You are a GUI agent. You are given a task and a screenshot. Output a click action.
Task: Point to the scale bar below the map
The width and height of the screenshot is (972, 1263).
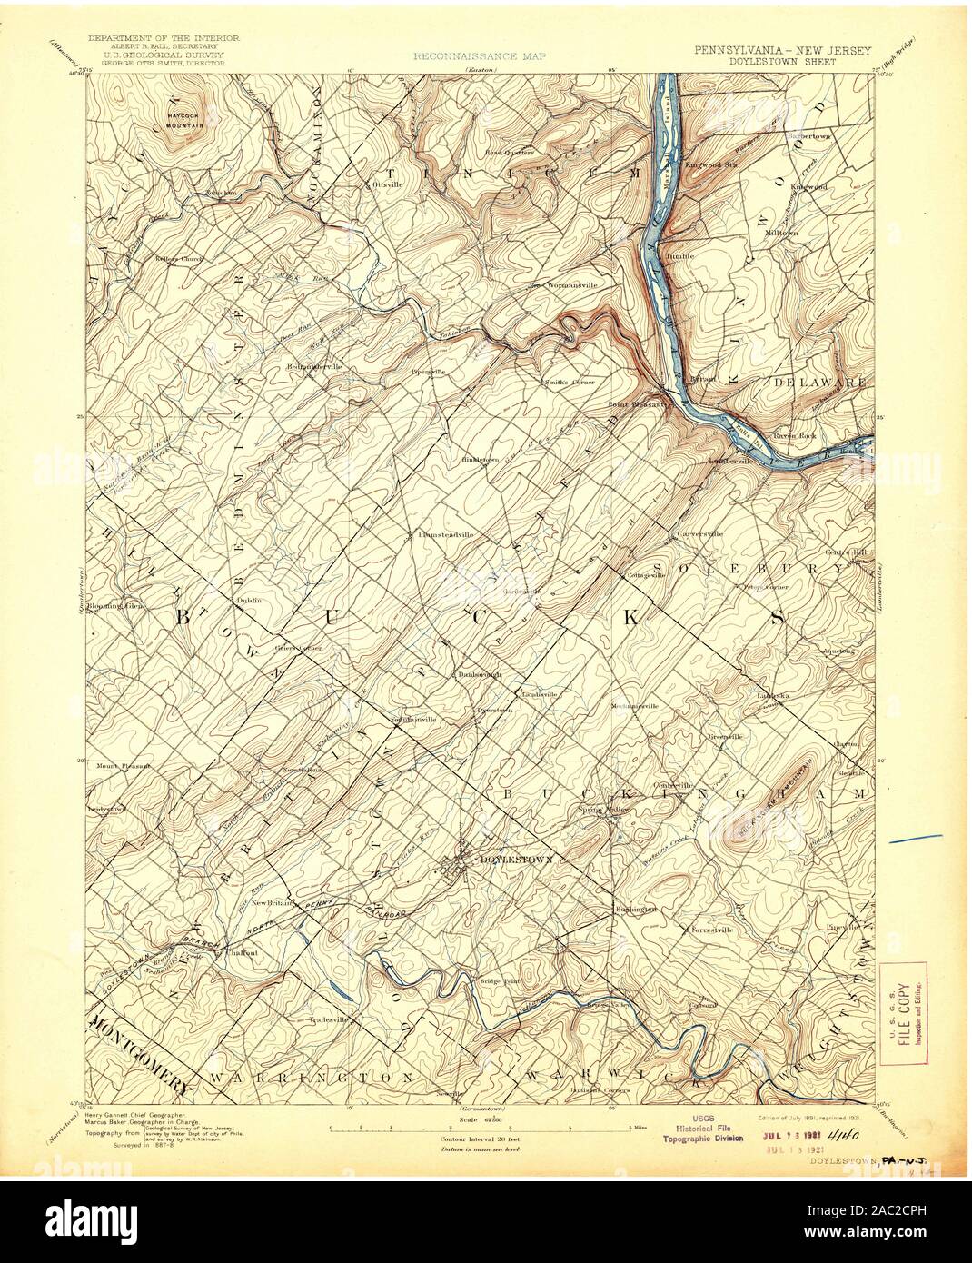[x=481, y=1128]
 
